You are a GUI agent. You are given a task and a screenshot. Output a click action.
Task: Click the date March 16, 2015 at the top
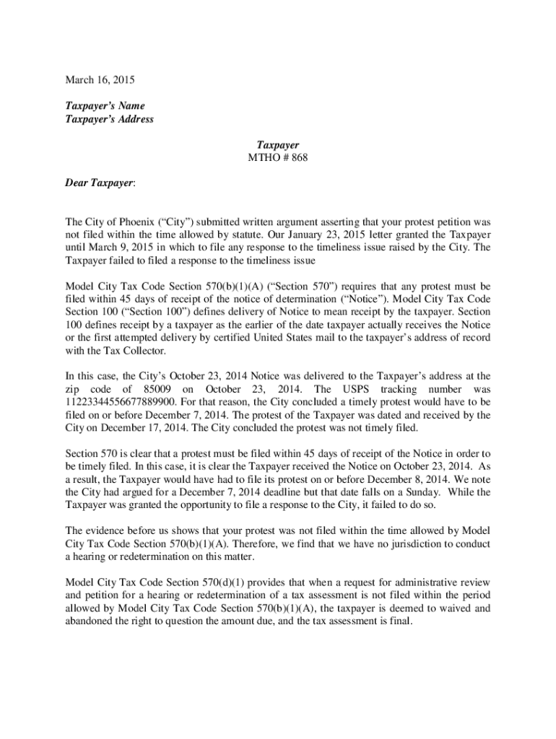tap(100, 80)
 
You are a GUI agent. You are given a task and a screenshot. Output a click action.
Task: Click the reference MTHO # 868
tap(278, 157)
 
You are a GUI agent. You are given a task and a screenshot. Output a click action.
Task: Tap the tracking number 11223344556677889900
tap(122, 402)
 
